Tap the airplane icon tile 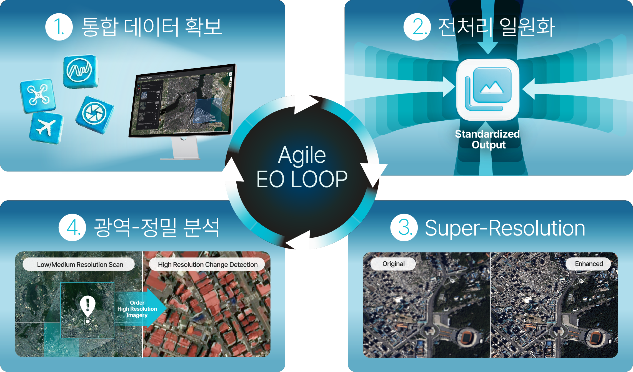(46, 128)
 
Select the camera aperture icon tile (94, 114)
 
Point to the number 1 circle (59, 27)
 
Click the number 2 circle (417, 27)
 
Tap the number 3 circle (404, 227)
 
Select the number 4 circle (72, 227)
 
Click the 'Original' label (393, 264)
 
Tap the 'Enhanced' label (589, 264)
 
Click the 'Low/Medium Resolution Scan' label (80, 265)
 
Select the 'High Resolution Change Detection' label (207, 265)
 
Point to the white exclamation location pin (88, 307)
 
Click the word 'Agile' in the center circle (302, 155)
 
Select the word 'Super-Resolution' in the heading (505, 228)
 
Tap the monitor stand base (180, 159)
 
